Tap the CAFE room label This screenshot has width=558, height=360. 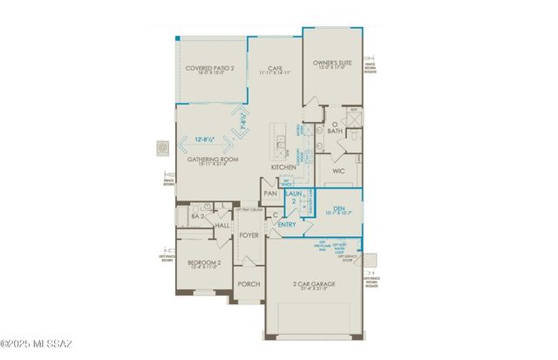(x=275, y=67)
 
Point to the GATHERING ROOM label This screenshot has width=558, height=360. (x=213, y=160)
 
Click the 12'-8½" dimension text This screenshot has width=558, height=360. (x=207, y=137)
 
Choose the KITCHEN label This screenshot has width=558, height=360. (x=283, y=166)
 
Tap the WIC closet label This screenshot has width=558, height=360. (x=339, y=171)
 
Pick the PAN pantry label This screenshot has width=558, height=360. (x=270, y=194)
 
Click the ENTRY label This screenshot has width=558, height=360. (x=286, y=224)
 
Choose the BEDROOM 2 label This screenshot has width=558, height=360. (x=203, y=263)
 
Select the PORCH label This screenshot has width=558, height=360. (x=249, y=283)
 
